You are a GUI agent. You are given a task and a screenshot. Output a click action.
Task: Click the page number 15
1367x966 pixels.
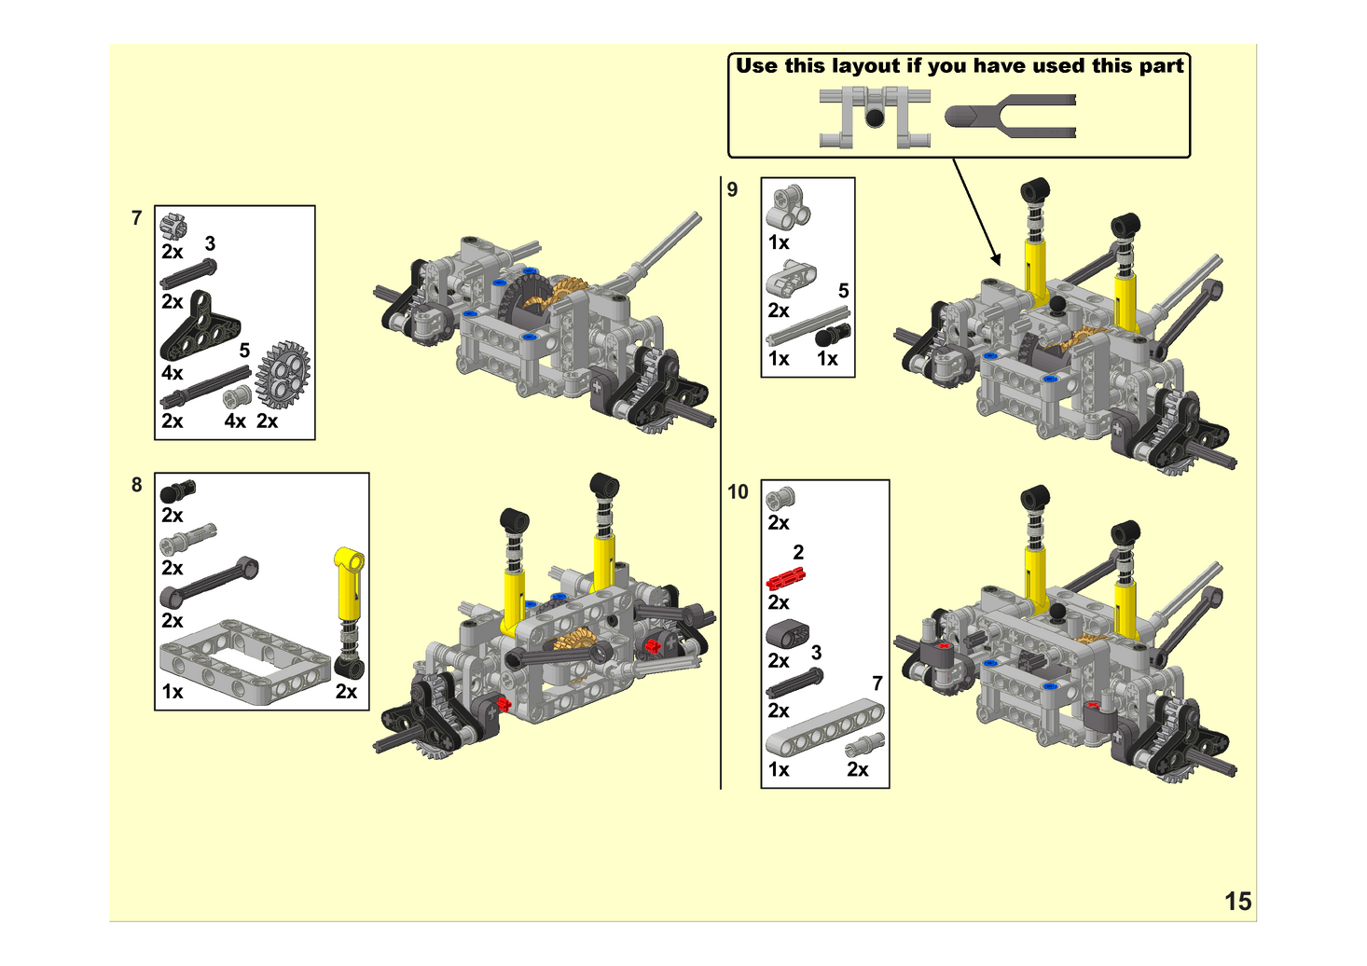pos(1237,901)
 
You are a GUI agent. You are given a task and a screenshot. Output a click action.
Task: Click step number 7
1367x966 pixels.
pos(137,218)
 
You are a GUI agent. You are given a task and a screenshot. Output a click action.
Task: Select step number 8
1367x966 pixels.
pos(137,485)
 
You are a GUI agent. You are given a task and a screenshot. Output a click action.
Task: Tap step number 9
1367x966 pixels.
pos(732,189)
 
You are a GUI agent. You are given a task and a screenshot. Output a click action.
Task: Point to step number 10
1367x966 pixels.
pos(738,491)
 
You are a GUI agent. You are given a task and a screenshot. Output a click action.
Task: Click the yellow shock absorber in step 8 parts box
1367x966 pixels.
pos(349,606)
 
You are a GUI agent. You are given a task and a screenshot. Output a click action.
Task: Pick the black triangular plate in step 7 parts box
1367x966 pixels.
pos(200,326)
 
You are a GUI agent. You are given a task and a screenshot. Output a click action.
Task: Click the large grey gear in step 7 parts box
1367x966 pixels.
pos(283,375)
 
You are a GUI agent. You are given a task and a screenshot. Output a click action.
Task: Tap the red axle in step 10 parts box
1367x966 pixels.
pos(785,579)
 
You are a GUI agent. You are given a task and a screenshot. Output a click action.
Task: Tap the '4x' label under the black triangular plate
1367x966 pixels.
pos(173,373)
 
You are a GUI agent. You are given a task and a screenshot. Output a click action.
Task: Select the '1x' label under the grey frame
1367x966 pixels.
pos(173,692)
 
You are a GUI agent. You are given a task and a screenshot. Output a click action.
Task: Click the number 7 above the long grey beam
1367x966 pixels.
pos(877,683)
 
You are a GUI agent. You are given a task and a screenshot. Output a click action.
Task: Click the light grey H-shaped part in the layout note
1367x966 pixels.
pos(874,117)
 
